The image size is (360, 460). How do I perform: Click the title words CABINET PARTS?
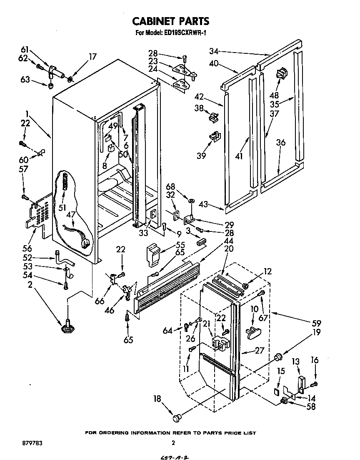(170, 21)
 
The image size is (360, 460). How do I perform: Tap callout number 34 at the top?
(213, 52)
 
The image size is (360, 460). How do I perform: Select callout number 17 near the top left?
(92, 56)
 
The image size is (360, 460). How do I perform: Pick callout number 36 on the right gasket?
(280, 143)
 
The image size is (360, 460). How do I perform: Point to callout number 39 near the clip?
(201, 156)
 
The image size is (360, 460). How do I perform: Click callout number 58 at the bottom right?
(311, 407)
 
